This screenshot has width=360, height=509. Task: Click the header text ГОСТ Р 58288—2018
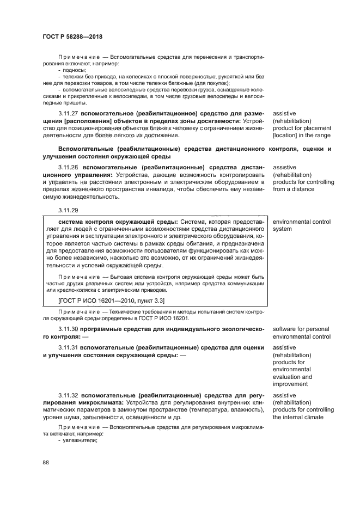click(72, 36)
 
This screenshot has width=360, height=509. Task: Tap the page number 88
click(46, 463)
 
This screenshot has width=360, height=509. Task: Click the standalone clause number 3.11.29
click(69, 210)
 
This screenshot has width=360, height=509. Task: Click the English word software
click(285, 329)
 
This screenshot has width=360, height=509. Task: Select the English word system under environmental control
click(283, 229)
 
